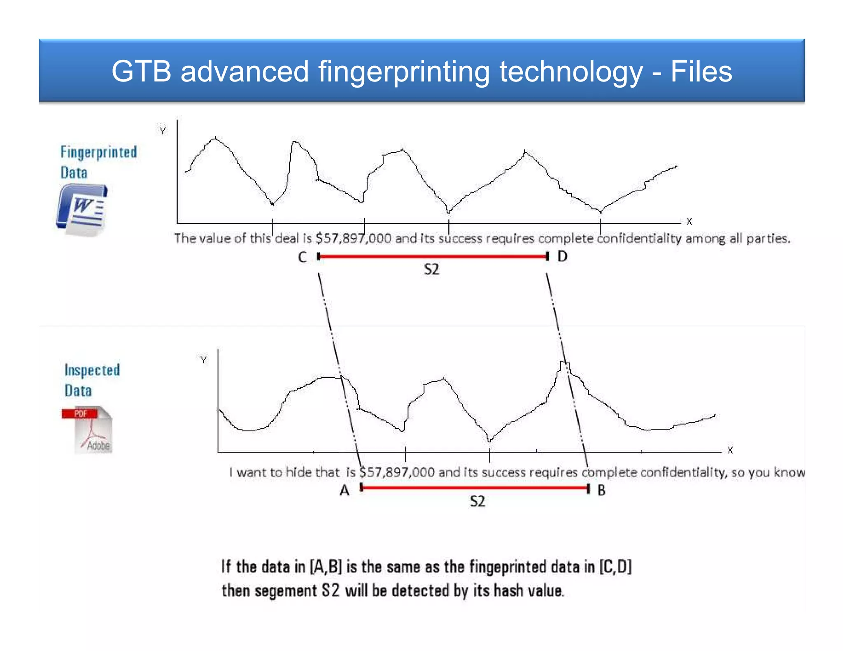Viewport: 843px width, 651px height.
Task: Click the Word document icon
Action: pos(82,210)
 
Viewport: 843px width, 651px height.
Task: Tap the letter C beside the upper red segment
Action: pos(303,257)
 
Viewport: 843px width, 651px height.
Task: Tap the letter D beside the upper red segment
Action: pos(562,256)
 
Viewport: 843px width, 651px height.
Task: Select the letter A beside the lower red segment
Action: pos(345,490)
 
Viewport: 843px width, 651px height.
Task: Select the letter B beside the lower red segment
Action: pos(601,490)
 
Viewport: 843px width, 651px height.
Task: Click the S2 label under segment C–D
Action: pos(431,270)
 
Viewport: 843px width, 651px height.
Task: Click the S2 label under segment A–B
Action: pos(477,501)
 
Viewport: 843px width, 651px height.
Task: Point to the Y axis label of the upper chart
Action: pos(163,131)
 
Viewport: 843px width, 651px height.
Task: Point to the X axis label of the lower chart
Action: pos(730,450)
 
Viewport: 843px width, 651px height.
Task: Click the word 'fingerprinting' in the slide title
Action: pos(403,72)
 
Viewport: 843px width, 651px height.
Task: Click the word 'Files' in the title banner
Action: pos(701,72)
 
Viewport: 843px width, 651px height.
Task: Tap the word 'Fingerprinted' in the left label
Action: pos(98,152)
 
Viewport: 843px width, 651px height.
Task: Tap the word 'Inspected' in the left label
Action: pos(92,370)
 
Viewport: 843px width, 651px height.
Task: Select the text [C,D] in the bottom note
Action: pos(615,567)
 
